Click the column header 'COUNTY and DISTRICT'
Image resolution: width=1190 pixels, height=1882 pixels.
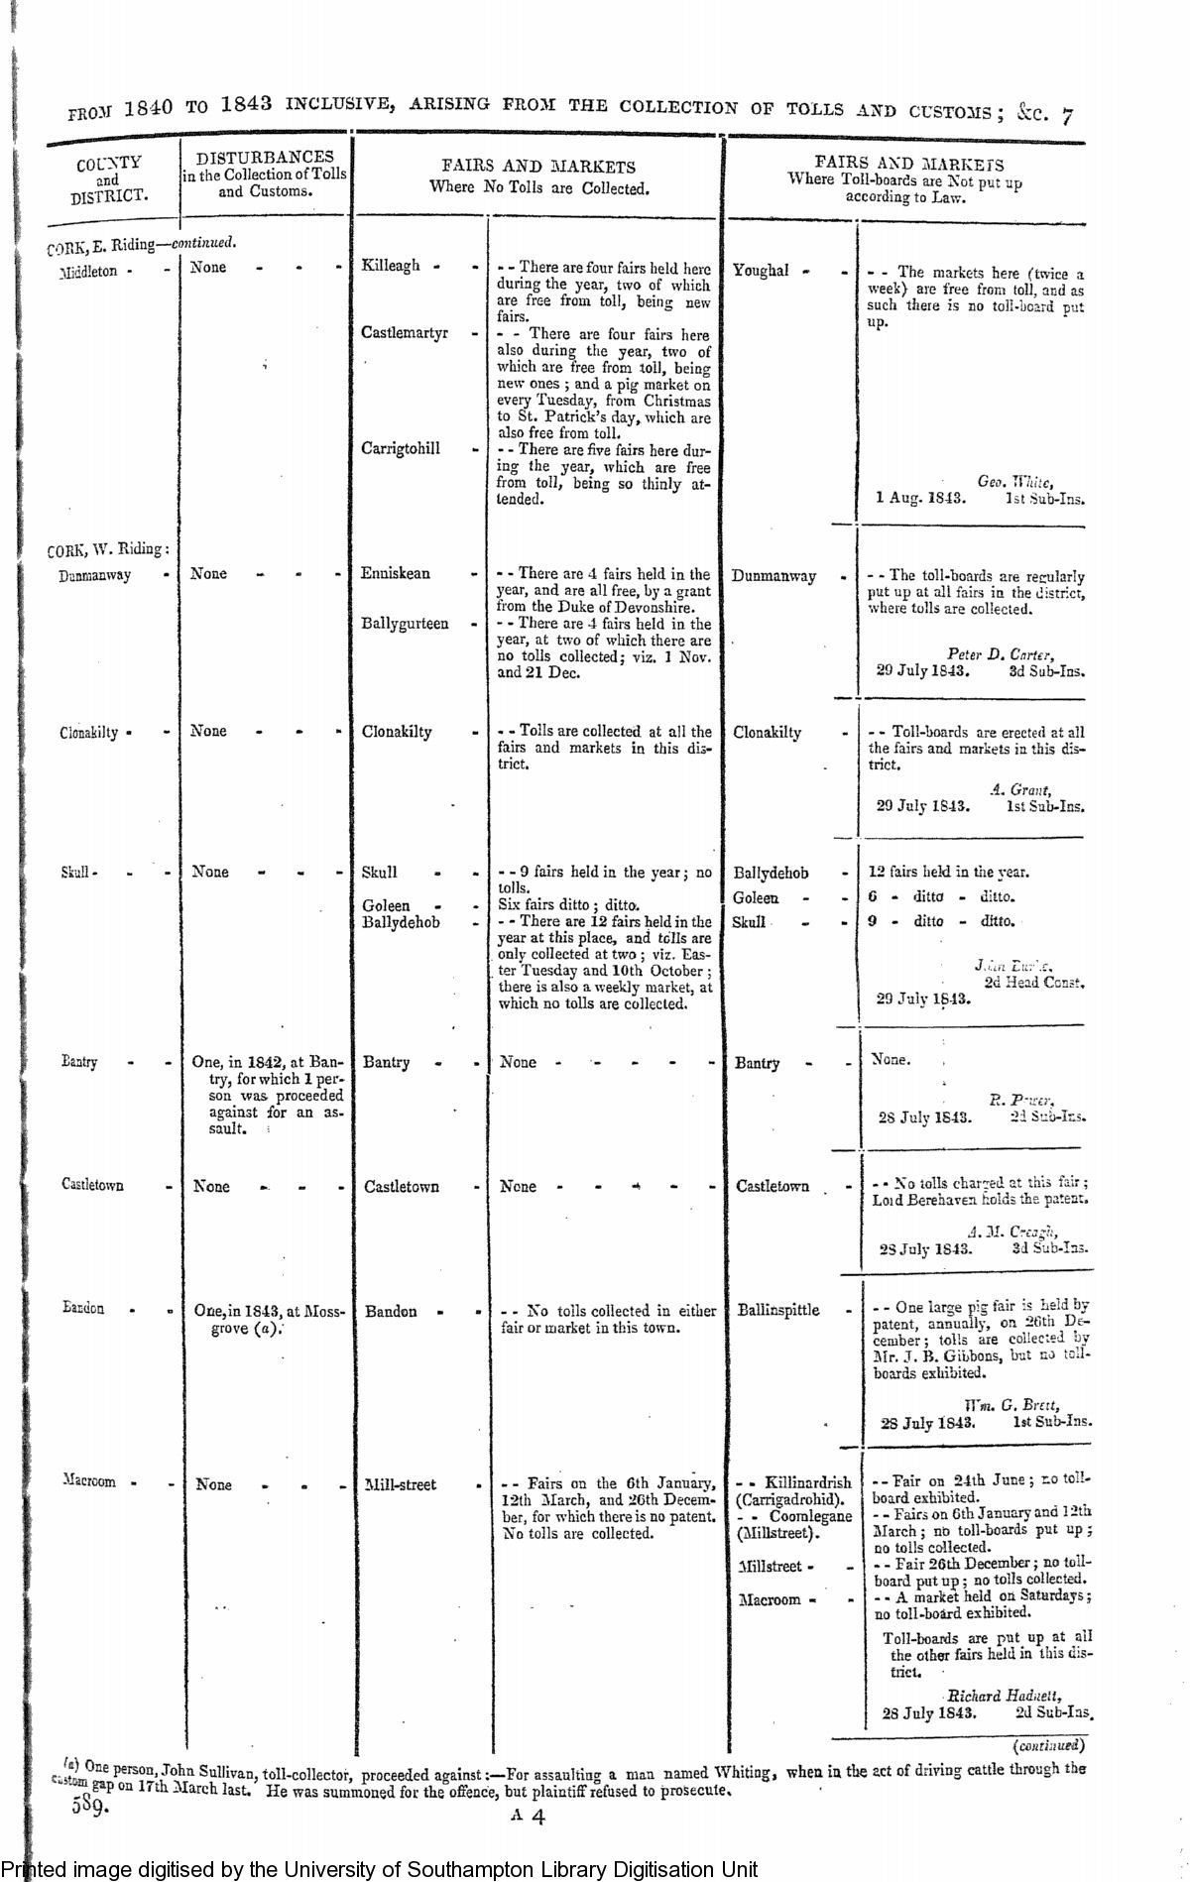coord(108,178)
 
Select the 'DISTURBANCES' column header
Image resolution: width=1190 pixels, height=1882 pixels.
coord(265,174)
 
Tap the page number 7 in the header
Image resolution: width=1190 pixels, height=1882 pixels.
coord(1066,116)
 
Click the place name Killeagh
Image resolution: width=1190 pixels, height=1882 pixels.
coord(391,266)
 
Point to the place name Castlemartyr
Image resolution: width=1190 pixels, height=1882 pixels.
coord(405,333)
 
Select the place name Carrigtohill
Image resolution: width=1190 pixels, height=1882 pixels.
coord(401,448)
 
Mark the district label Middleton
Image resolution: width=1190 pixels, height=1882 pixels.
coord(88,271)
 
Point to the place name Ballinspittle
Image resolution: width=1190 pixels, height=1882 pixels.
coord(778,1310)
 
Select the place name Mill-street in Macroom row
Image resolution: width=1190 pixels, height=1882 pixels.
coord(400,1484)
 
